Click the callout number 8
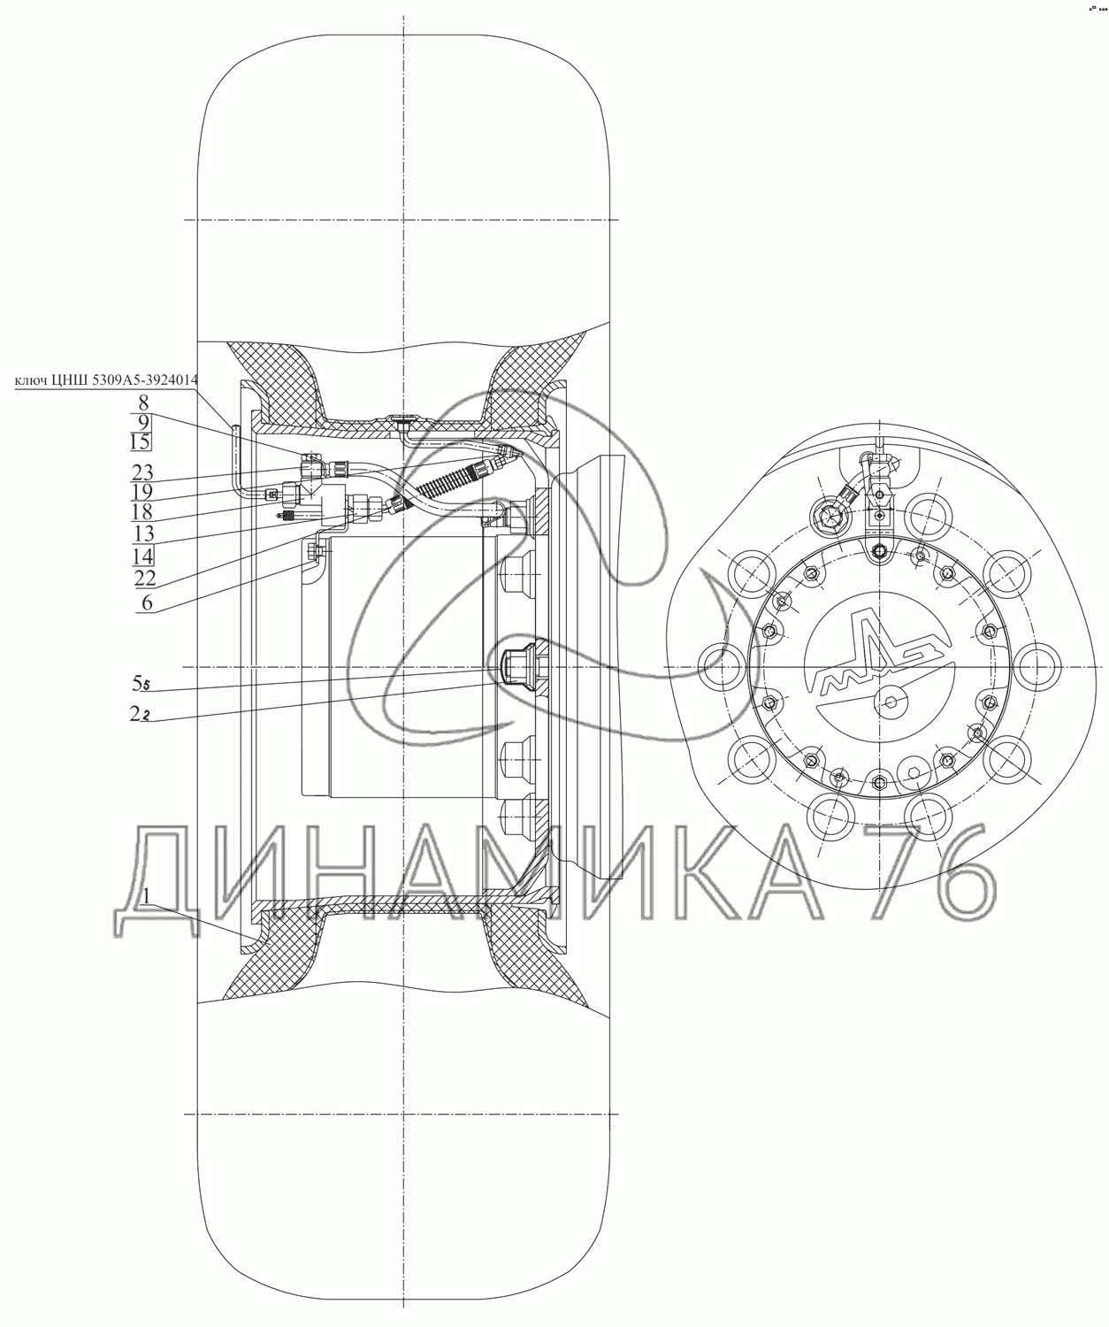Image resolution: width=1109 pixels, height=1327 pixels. coord(143,403)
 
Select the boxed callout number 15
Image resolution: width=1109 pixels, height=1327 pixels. coord(141,441)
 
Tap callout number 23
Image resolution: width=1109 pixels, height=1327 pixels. coord(143,472)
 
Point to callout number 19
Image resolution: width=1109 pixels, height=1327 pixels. coord(142,492)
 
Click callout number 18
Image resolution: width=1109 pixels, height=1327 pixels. coord(142,512)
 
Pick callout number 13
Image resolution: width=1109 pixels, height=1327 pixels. coord(143,533)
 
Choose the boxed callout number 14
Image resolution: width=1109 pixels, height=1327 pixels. coord(143,556)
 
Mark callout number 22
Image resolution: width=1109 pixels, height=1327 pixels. coord(145,578)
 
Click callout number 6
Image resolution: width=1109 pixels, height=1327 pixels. coord(147,602)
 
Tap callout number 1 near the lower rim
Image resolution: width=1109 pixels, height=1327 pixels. coord(147,896)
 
